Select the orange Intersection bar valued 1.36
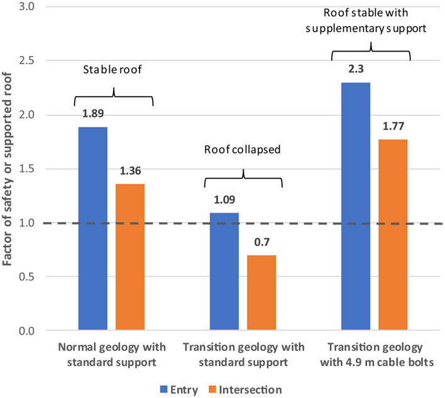130,257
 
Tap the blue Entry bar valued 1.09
223,271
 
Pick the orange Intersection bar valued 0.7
261,292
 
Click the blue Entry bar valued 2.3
355,206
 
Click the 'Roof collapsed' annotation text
243,151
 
